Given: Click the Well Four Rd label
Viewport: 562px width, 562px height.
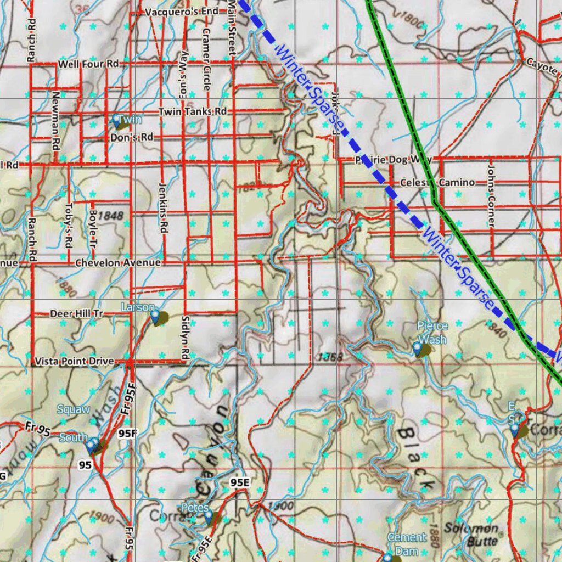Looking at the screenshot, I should [x=88, y=64].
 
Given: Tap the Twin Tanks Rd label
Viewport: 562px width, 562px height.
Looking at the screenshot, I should [x=193, y=111].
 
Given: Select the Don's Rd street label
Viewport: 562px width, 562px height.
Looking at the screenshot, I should [x=132, y=137].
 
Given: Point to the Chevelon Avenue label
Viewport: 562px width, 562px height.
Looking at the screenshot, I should [x=118, y=263].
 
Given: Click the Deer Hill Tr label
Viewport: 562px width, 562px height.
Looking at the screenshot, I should [x=77, y=314].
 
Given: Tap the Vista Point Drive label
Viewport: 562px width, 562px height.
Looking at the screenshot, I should [x=75, y=361].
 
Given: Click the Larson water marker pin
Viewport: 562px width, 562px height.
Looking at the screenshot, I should [x=155, y=316].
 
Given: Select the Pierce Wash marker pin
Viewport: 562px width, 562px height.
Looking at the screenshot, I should [x=418, y=348].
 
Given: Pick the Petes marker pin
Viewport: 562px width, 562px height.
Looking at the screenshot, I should [x=208, y=515].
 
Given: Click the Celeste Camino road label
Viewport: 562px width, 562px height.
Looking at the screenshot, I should [x=437, y=182].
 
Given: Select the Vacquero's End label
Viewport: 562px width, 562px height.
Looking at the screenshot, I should [x=182, y=12].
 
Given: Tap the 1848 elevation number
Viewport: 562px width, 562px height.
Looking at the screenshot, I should [x=112, y=216].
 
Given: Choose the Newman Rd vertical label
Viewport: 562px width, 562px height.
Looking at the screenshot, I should [x=55, y=121].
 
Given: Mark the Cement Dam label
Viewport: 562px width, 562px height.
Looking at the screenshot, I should [x=407, y=544].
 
